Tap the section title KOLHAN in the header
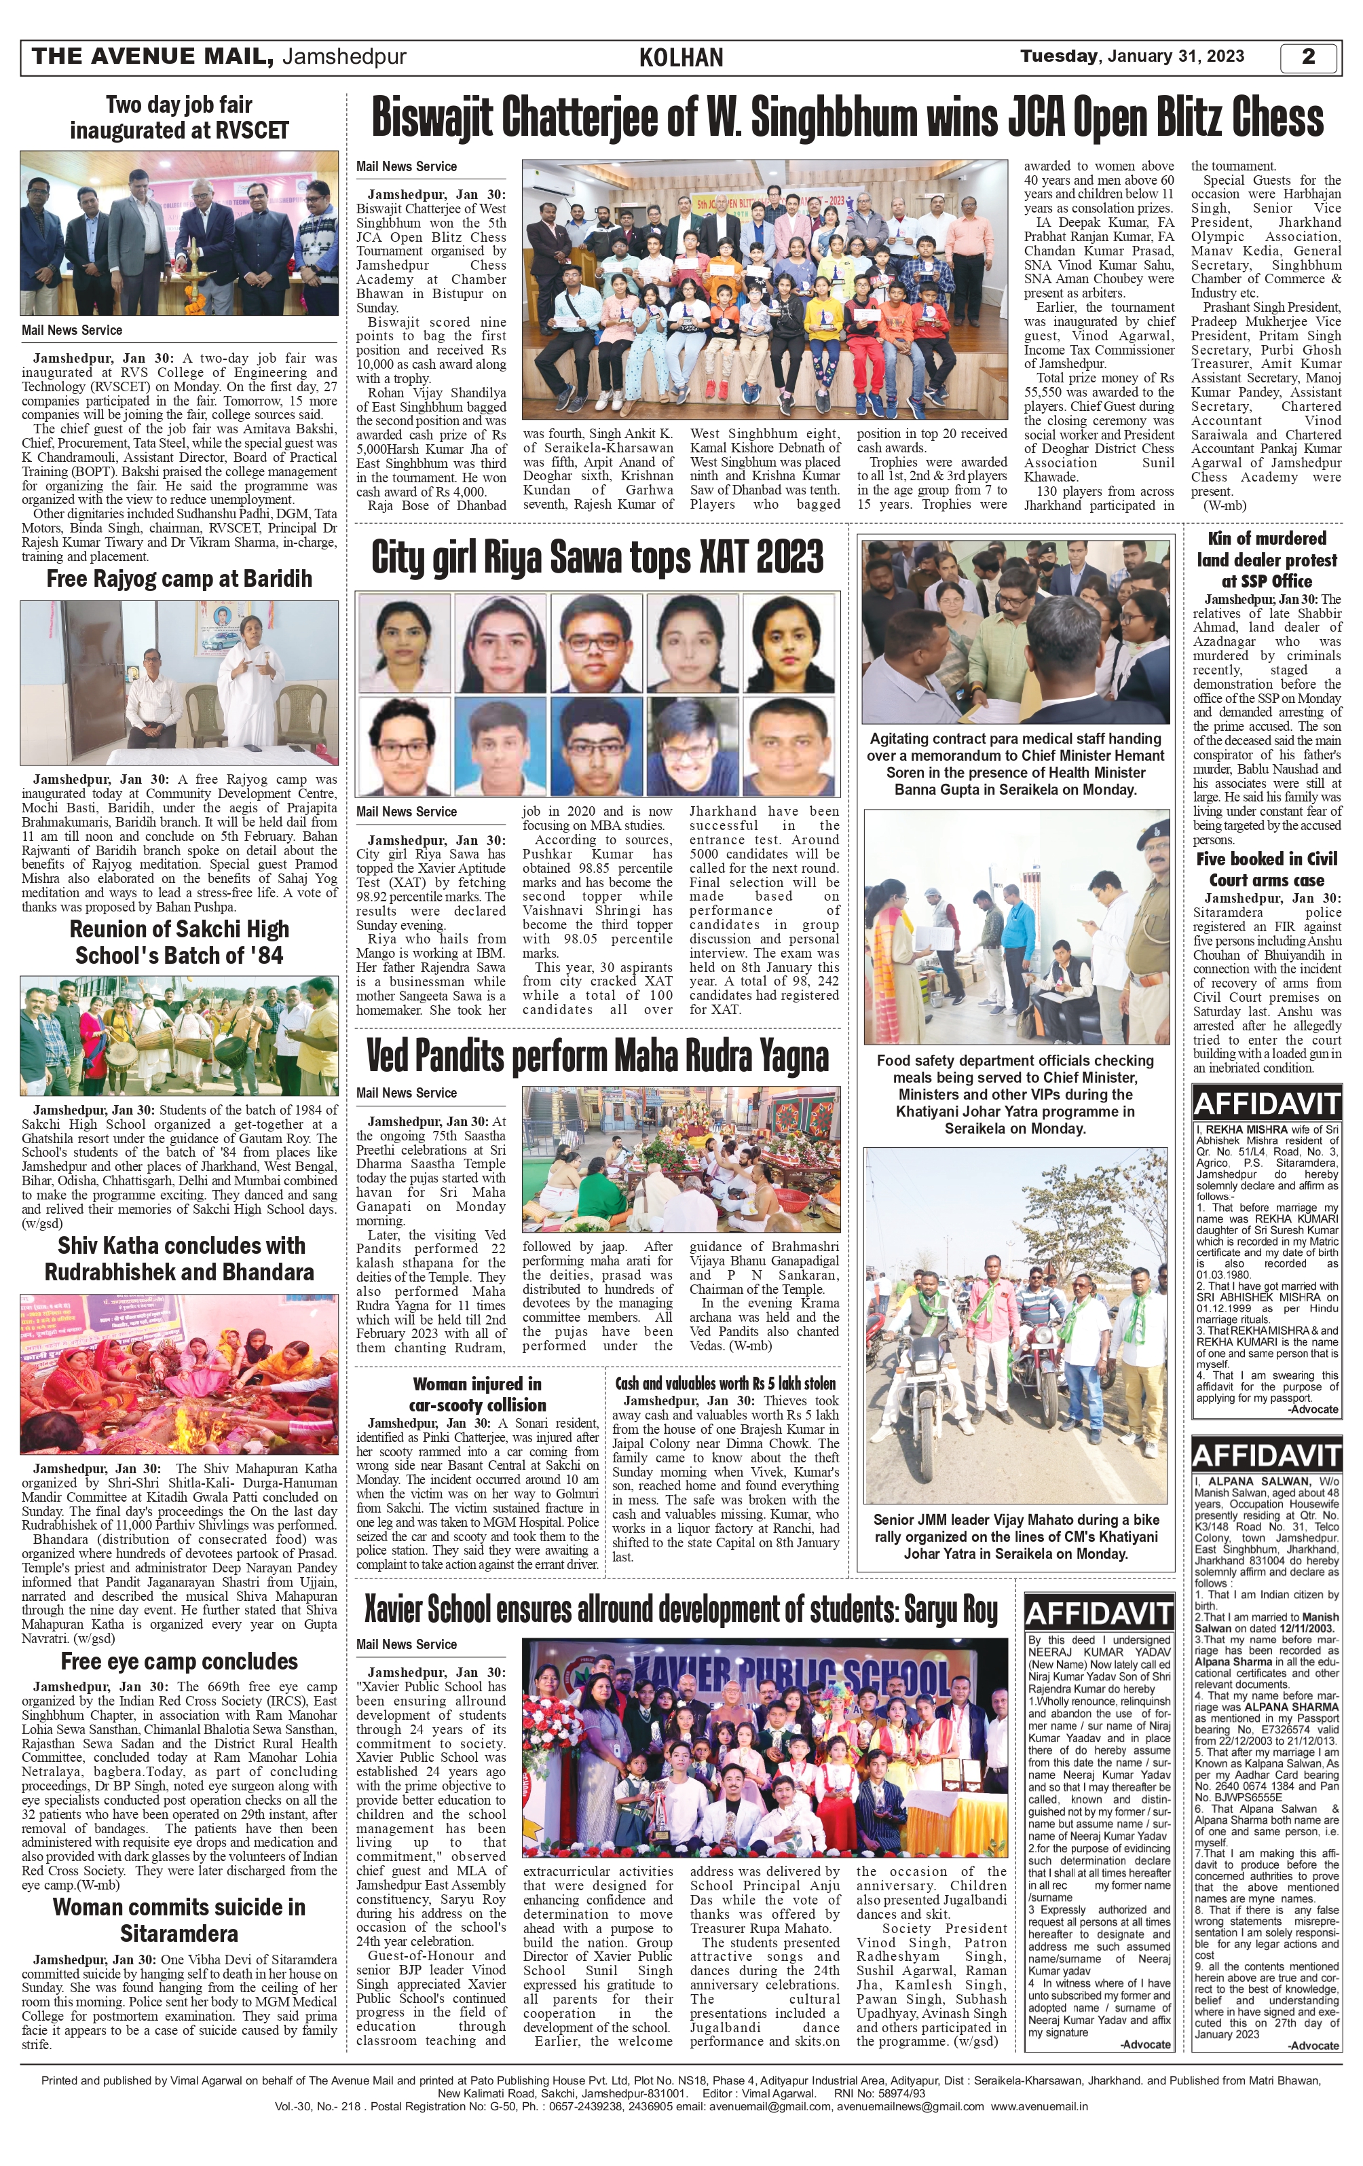(x=681, y=58)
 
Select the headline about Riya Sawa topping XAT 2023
(x=597, y=557)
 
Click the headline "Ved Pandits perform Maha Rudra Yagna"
(x=597, y=1057)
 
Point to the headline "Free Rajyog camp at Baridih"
(x=179, y=579)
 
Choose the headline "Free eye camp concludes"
(x=179, y=1661)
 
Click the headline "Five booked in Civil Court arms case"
(x=1266, y=869)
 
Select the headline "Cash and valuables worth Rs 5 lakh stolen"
(x=725, y=1384)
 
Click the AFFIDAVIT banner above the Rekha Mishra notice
(x=1266, y=1104)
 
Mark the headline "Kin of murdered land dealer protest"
(x=1266, y=560)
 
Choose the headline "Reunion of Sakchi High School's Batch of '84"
(x=179, y=942)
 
